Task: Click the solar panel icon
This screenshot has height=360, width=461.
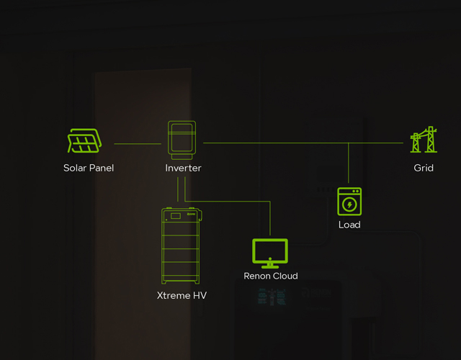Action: point(84,141)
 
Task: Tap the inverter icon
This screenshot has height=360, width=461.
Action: point(182,140)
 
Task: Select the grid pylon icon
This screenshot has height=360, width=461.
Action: point(424,139)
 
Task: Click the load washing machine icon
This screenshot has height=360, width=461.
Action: point(349,202)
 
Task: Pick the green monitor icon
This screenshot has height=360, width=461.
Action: point(270,253)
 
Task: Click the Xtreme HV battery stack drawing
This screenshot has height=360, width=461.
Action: point(181,246)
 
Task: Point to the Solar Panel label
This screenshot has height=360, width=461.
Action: point(89,168)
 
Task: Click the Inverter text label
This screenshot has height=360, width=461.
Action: point(183,168)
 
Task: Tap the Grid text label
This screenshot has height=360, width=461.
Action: point(424,168)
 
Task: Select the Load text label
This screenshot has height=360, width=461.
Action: point(349,225)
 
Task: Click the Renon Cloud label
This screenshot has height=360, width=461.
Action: point(271,276)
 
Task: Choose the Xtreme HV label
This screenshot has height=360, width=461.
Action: point(182,295)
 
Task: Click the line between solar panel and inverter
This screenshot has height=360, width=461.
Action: point(138,144)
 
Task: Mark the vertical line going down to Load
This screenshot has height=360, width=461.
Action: point(349,163)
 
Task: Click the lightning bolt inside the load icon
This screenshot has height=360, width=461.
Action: point(349,204)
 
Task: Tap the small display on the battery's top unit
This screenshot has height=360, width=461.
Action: point(176,216)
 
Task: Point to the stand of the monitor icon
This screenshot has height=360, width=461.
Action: point(270,266)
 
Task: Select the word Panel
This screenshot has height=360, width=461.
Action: point(102,168)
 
